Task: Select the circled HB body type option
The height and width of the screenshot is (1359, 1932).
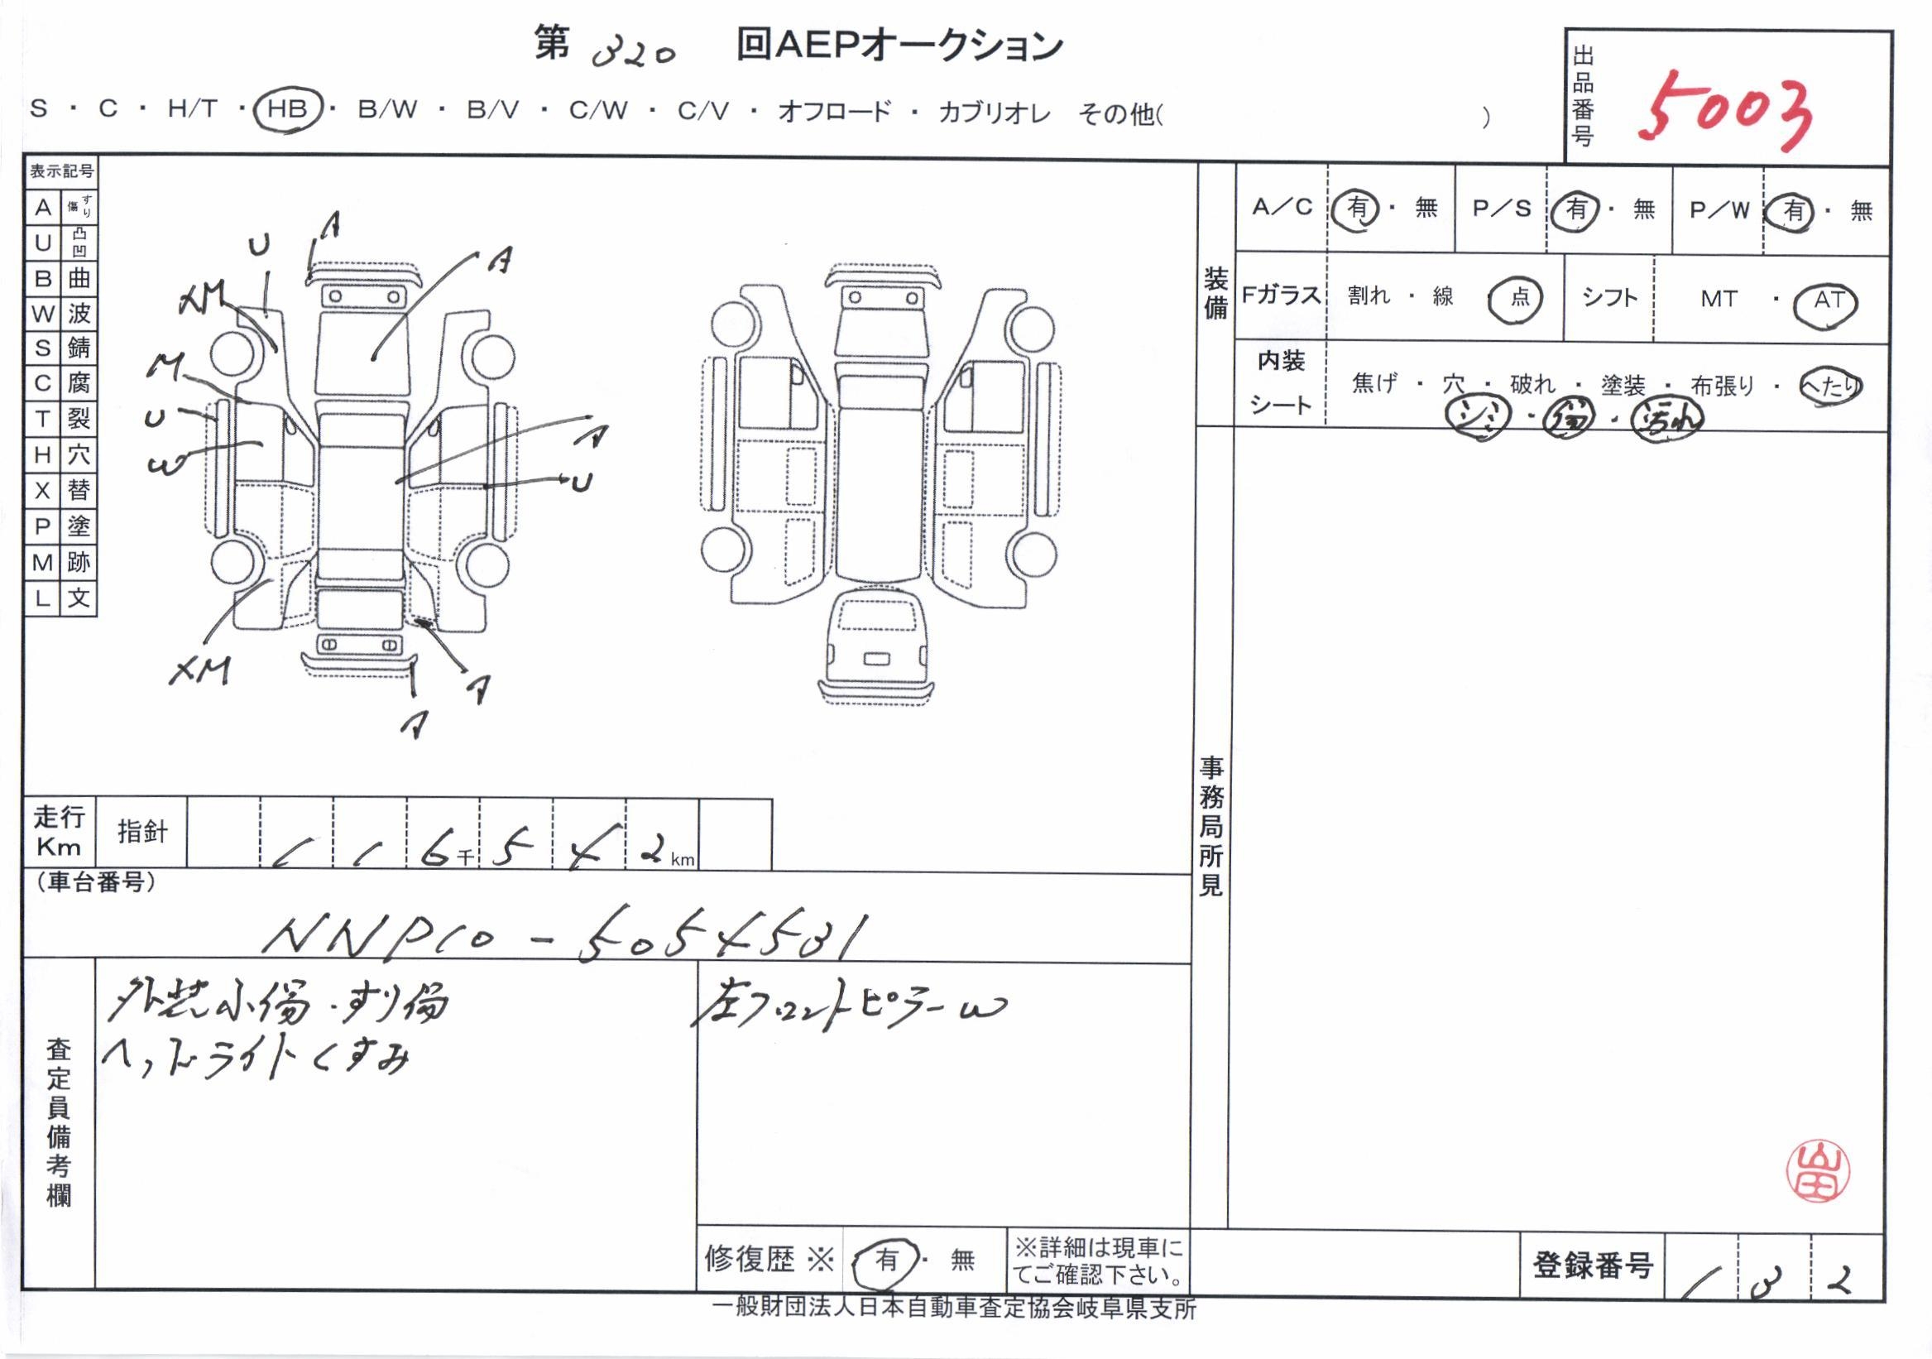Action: coord(287,110)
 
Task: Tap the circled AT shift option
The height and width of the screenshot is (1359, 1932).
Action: coord(1828,300)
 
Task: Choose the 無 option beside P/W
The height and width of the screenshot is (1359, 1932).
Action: coord(1862,210)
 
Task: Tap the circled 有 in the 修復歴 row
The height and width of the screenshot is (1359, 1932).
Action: coord(887,1260)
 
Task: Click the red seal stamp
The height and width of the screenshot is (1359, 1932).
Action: coord(1819,1170)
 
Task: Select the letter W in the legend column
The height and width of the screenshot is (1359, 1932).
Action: coord(42,314)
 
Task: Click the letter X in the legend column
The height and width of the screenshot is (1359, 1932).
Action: coord(42,491)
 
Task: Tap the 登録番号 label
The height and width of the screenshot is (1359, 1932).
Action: coord(1592,1265)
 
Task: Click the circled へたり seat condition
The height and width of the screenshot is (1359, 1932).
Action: coord(1829,386)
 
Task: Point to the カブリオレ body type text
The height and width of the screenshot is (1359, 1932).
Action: coord(995,113)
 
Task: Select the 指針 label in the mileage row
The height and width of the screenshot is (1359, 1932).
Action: coord(142,832)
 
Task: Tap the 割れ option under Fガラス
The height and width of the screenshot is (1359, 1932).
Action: coord(1369,295)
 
